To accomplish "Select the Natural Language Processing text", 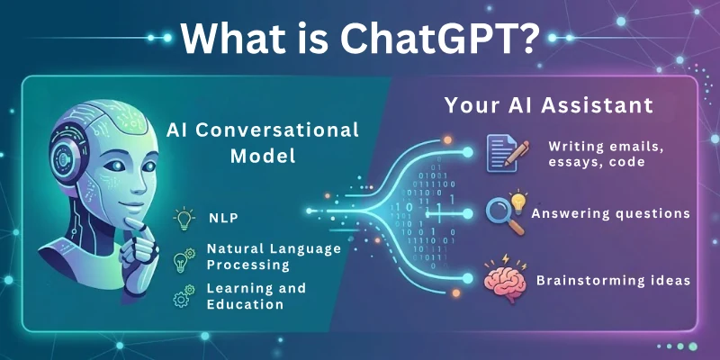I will tap(274, 256).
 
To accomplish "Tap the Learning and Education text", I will tap(256, 296).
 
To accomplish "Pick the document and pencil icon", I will tap(501, 151).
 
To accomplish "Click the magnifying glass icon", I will tap(500, 213).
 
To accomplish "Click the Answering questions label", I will tap(611, 214).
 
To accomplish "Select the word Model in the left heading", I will tap(262, 155).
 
